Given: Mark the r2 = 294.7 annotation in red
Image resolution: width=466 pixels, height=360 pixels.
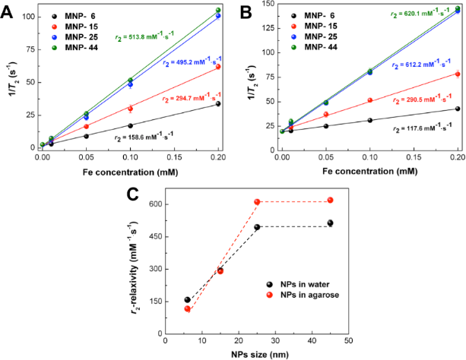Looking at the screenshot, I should tap(186, 97).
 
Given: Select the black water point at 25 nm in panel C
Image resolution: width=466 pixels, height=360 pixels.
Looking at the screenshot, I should tap(257, 226).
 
